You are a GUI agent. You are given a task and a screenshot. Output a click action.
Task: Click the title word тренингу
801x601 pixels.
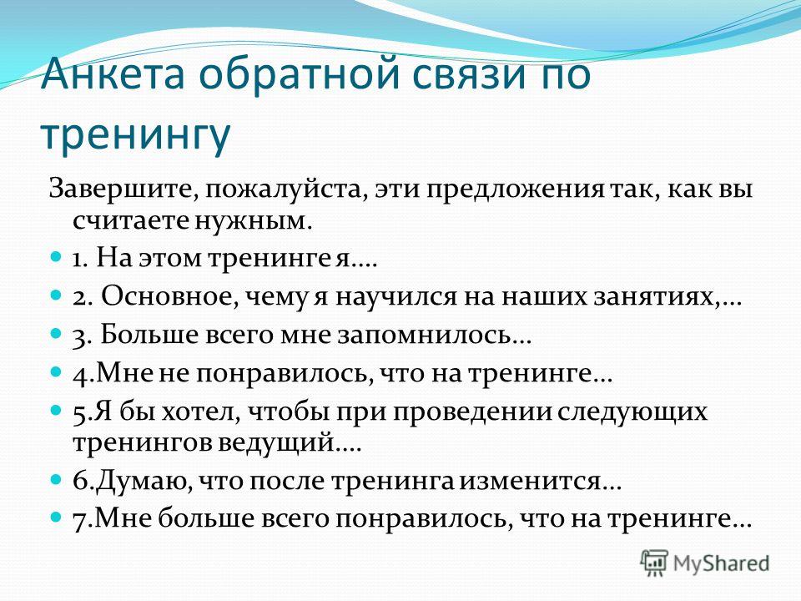point(135,134)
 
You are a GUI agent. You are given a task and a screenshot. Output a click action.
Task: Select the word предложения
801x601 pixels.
point(516,191)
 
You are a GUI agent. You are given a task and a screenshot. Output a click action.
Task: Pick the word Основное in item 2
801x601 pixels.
point(169,296)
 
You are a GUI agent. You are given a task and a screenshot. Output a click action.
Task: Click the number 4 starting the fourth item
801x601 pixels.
point(80,375)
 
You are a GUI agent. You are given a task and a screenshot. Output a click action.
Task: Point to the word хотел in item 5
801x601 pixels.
point(201,412)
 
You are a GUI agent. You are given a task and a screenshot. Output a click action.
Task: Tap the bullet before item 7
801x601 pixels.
point(56,517)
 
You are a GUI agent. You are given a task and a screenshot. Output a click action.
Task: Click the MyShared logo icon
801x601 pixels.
point(654,563)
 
